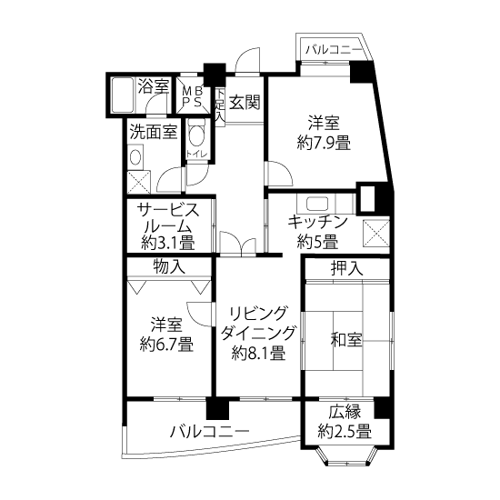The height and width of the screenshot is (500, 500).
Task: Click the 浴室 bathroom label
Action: click(x=154, y=85)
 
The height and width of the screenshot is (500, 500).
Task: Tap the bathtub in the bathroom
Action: click(x=122, y=95)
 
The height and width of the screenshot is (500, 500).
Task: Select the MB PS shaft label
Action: click(x=193, y=97)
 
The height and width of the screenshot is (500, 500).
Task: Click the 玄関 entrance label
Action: click(x=245, y=103)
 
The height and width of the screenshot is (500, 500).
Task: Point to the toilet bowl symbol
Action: click(x=196, y=135)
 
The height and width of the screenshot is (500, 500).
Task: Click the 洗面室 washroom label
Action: click(x=154, y=132)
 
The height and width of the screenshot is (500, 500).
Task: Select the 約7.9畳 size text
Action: click(x=324, y=143)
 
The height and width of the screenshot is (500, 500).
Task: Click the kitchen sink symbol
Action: click(x=317, y=204)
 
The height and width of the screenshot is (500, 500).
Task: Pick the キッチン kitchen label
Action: click(x=317, y=222)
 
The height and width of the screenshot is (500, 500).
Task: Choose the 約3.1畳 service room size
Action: click(x=168, y=244)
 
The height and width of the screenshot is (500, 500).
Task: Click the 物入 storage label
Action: click(x=169, y=266)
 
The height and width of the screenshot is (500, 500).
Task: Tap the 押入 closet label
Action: click(x=347, y=268)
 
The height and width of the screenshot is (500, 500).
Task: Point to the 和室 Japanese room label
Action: click(x=346, y=340)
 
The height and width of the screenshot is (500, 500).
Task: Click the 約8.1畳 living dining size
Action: click(x=258, y=353)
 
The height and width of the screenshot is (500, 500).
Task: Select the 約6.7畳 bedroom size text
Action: click(x=166, y=344)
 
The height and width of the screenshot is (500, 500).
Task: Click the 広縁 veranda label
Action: click(x=345, y=412)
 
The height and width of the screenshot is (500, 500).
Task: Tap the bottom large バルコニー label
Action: click(x=209, y=432)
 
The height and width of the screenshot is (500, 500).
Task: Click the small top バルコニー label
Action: click(x=334, y=50)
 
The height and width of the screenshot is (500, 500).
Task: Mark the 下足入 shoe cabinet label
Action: click(x=220, y=105)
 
